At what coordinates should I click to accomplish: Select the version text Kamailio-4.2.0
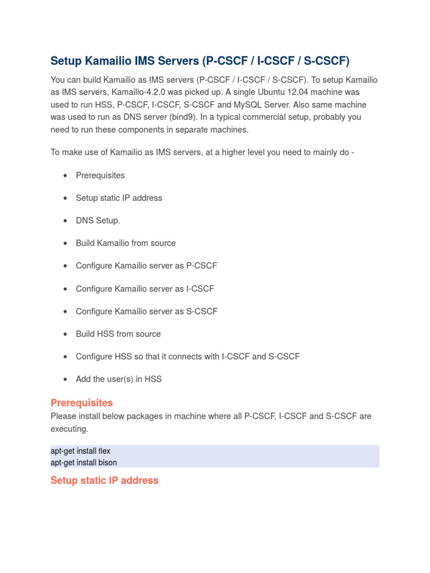point(148,92)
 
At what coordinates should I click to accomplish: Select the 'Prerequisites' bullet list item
point(100,175)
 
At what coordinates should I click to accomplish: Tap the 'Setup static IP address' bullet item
point(119,198)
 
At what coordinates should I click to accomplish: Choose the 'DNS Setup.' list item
point(98,220)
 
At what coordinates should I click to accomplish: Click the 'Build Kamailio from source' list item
point(125,243)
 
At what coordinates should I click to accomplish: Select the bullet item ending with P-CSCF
point(146,266)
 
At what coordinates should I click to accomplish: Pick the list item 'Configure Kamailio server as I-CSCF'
point(145,289)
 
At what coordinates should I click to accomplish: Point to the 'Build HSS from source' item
point(118,334)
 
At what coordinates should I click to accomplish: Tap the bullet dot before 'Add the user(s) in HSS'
point(66,379)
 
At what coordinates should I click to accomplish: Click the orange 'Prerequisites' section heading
point(82,403)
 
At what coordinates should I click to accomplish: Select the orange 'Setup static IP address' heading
point(104,480)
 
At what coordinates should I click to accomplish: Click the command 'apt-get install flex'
point(81,450)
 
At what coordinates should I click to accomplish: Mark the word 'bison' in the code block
point(106,462)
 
